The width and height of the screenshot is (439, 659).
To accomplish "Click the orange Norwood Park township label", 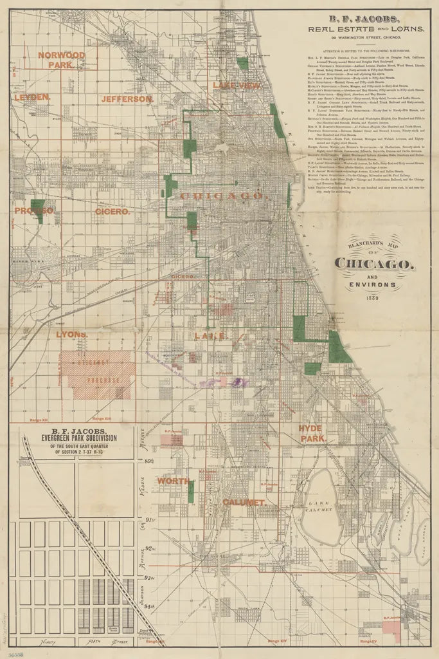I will (x=62, y=60).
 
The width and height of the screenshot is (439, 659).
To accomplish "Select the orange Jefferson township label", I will (x=127, y=99).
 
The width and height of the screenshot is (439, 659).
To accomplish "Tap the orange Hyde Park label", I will (x=312, y=433).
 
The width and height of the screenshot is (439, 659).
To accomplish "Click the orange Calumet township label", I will (x=244, y=502).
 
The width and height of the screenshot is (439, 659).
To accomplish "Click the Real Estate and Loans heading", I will (x=366, y=29).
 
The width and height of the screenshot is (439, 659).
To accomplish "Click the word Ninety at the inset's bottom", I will (x=42, y=642).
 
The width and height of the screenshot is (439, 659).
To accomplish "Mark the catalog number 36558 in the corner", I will (x=13, y=652).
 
